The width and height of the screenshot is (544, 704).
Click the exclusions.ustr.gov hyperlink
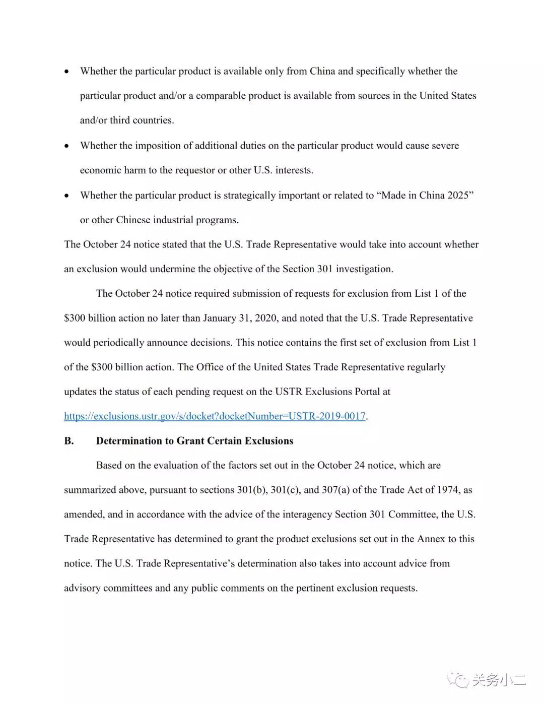click(215, 416)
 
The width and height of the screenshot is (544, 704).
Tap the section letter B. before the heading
click(69, 441)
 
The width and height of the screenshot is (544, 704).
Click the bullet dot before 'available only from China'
click(67, 72)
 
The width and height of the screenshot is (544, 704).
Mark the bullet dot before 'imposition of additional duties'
click(67, 146)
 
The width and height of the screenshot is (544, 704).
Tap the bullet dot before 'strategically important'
click(67, 196)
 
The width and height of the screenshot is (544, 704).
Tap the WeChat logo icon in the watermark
click(458, 680)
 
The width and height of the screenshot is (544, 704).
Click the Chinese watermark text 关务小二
click(499, 680)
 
